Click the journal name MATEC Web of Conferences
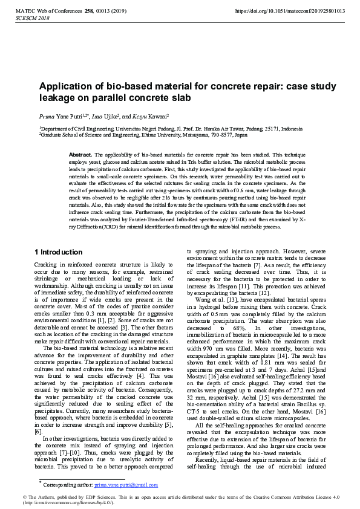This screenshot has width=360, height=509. click(x=47, y=11)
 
